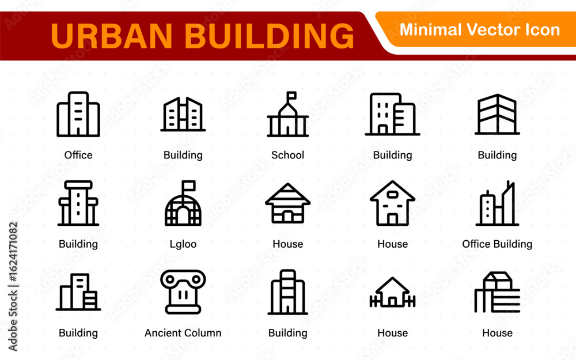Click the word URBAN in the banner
click(112, 36)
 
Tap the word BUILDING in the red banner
click(269, 36)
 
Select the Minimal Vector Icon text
click(479, 30)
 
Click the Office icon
click(78, 114)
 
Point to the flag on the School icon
click(291, 96)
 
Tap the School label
click(287, 155)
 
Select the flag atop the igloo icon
click(188, 185)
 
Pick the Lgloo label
click(183, 244)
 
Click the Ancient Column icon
click(183, 292)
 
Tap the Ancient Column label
click(183, 333)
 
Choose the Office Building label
click(497, 244)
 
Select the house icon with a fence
click(392, 292)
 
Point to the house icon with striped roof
click(287, 203)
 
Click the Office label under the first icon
click(78, 155)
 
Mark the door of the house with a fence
click(392, 302)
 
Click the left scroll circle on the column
click(170, 279)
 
